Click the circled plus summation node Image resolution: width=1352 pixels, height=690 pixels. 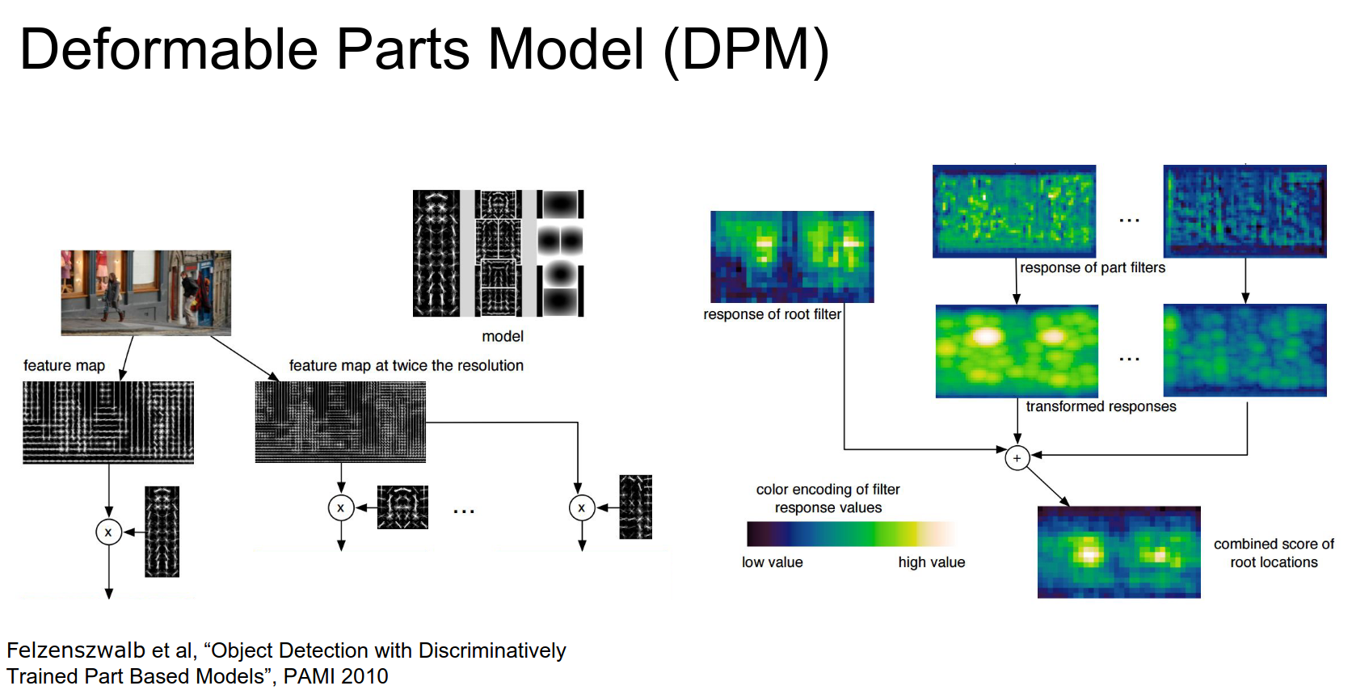(1017, 458)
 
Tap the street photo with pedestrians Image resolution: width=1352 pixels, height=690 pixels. (145, 292)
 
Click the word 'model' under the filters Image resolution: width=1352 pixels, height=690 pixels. (503, 336)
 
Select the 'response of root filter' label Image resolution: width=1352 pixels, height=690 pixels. (772, 314)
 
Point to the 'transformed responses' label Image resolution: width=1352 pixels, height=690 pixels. (1101, 406)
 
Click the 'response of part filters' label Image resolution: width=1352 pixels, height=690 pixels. (1093, 267)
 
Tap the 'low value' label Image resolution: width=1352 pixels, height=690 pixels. (772, 562)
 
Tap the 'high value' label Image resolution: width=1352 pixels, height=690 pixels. (931, 562)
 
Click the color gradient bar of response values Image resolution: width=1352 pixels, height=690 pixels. (851, 534)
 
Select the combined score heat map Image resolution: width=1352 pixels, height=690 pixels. (1118, 552)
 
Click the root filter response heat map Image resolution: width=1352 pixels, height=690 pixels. (792, 256)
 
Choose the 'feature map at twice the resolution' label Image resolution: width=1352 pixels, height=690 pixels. (406, 365)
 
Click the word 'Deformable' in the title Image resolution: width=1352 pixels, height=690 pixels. (169, 49)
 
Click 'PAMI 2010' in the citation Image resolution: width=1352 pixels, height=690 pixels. (335, 676)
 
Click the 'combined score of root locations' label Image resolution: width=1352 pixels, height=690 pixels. (1274, 553)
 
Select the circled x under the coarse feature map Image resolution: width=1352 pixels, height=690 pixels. (108, 532)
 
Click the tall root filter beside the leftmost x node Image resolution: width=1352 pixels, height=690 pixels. (162, 531)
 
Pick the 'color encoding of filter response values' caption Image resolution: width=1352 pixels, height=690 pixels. (828, 499)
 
